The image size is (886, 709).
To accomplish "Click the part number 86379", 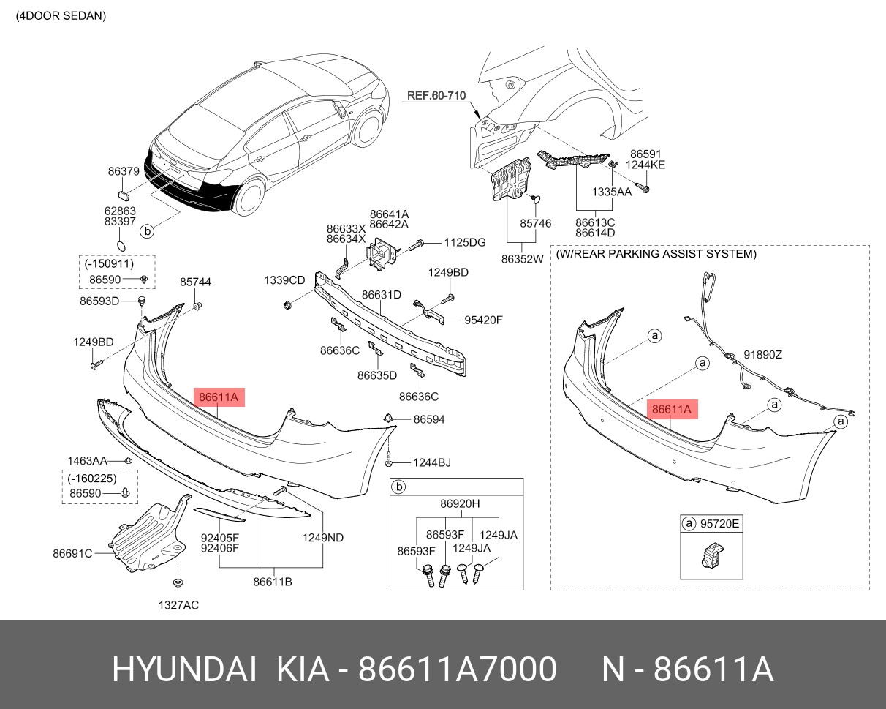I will [124, 171].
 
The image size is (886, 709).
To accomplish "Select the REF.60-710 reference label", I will [436, 96].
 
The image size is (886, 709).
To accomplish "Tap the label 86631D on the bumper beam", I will [382, 295].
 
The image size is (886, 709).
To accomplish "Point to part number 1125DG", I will [465, 242].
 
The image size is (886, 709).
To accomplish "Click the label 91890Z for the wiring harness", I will [763, 354].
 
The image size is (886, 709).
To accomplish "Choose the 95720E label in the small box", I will [720, 524].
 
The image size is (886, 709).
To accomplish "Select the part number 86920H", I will [460, 503].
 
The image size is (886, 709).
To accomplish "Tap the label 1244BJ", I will [432, 462].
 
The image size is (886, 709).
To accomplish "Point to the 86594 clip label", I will [429, 419].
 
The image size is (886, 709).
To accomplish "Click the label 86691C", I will [72, 553].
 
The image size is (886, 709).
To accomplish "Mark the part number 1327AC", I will [178, 605].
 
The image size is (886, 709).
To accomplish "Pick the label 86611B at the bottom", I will [273, 582].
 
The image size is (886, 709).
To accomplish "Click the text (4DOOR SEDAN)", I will [61, 15].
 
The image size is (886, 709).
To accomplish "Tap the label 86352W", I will [523, 258].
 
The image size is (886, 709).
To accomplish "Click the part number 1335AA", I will [612, 192].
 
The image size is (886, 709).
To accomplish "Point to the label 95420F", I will [484, 320].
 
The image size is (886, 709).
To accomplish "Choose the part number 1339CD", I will [284, 280].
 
